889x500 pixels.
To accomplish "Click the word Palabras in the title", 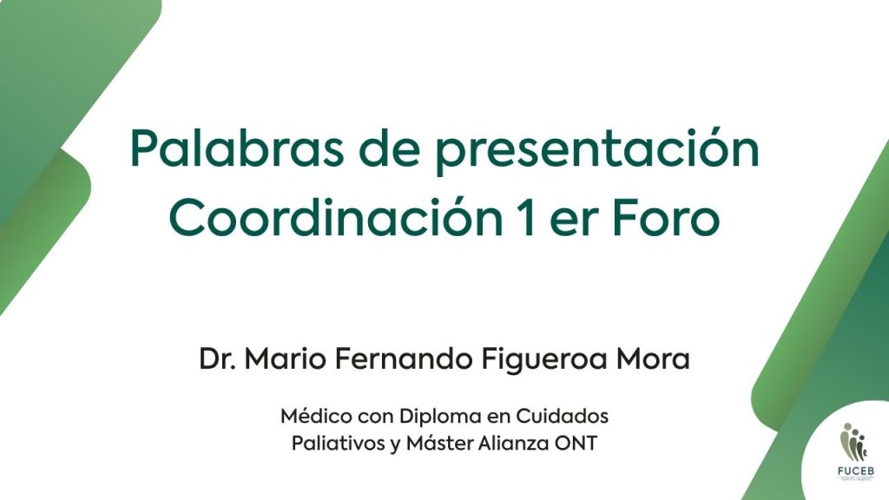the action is [236, 149].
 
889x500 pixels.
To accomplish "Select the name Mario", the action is [286, 359].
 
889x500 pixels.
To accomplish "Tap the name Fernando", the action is [403, 359].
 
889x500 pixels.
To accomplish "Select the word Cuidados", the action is [562, 416].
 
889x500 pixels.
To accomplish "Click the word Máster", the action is [440, 443].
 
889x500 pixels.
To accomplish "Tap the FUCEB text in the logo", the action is [855, 470].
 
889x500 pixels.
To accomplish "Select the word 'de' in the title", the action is [389, 149].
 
